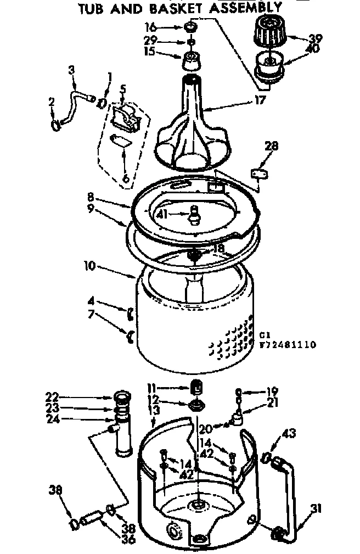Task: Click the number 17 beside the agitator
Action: (x=260, y=100)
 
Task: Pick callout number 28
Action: (x=271, y=146)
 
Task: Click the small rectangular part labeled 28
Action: (x=258, y=174)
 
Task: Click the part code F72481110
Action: (x=287, y=345)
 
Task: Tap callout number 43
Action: (x=289, y=434)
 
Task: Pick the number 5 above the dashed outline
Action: (x=123, y=88)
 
